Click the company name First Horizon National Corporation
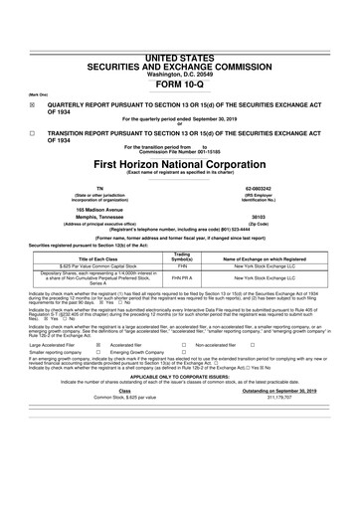[180, 163]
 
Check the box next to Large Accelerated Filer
[97, 372]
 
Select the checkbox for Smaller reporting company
[97, 381]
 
